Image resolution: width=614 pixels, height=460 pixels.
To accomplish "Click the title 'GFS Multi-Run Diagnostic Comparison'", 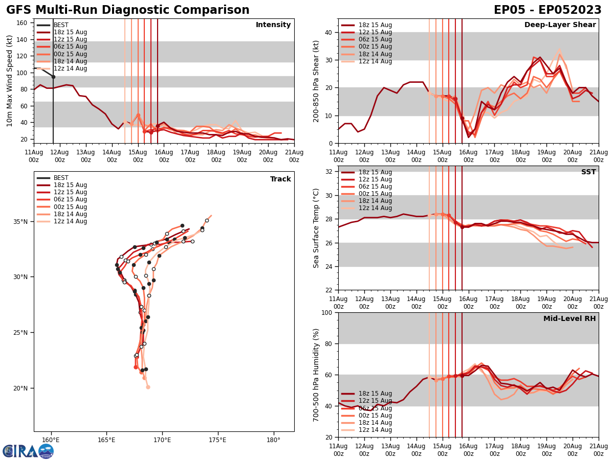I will coord(128,10).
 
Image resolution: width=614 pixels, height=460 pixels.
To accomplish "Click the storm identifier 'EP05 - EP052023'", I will coord(547,10).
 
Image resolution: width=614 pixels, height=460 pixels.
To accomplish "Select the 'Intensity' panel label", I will coord(273,25).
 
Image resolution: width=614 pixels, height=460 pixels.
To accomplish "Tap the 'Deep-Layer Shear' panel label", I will coord(560,25).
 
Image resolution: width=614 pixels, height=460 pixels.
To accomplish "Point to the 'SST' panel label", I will coord(588,172).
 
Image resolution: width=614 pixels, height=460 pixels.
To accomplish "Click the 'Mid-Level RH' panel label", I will coord(569,319).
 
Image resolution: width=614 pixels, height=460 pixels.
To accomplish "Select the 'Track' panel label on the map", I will coord(280,179).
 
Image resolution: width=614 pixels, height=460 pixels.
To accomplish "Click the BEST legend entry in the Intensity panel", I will coord(61,25).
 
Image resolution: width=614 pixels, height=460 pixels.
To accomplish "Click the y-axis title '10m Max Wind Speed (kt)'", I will coord(10,81).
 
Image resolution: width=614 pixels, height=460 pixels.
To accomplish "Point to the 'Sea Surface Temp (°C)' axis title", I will coord(316,228).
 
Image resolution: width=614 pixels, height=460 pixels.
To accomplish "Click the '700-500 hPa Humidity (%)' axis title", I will coord(316,375).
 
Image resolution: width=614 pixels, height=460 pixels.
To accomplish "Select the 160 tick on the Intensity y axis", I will coord(23,23).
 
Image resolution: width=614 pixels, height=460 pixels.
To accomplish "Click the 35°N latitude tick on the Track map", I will coord(20,222).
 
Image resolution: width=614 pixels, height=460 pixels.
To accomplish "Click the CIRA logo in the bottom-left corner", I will coord(28,451).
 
